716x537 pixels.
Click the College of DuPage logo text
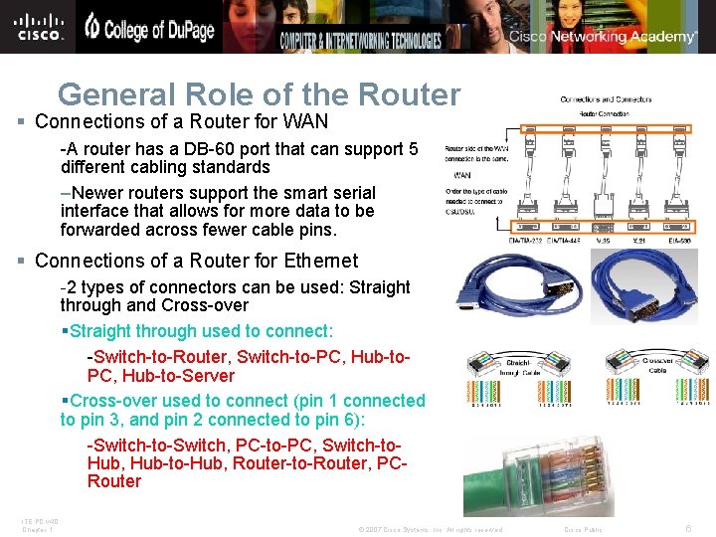(x=149, y=29)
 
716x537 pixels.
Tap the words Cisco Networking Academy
(x=604, y=37)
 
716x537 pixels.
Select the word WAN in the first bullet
(x=305, y=122)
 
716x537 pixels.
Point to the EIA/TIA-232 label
(x=526, y=239)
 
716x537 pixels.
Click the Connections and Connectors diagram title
(x=607, y=98)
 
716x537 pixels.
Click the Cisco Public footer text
(x=583, y=530)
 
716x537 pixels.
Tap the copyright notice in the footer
(x=430, y=530)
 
